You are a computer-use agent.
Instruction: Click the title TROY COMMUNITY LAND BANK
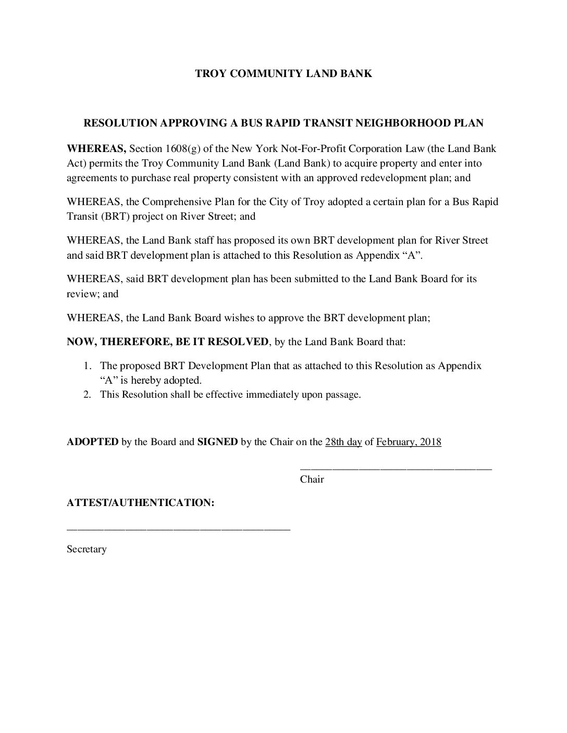point(283,73)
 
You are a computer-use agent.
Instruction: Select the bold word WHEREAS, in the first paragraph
point(96,149)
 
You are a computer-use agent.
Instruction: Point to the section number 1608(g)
point(186,149)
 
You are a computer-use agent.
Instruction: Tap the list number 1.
point(89,366)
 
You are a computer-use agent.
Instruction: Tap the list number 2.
point(89,395)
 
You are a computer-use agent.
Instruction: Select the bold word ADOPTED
point(93,443)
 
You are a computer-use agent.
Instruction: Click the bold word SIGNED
point(217,443)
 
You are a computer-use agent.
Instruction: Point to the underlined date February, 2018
point(409,443)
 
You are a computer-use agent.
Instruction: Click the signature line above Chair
point(396,470)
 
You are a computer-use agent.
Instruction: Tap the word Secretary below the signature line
point(87,549)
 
